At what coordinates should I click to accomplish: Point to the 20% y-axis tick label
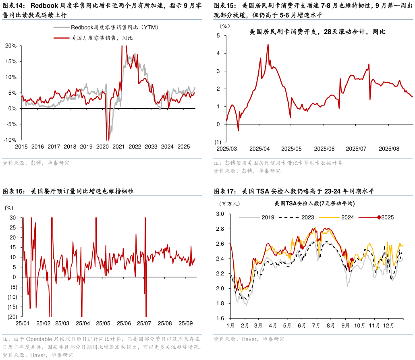click(x=11, y=46)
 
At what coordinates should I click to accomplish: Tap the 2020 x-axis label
click(x=102, y=147)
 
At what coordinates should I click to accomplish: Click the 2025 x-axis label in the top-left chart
click(x=183, y=147)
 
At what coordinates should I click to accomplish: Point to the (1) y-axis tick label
click(x=218, y=142)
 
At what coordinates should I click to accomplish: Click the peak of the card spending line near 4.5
click(x=268, y=44)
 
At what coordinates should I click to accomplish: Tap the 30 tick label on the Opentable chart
click(x=12, y=217)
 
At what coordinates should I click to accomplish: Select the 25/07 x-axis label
click(x=144, y=323)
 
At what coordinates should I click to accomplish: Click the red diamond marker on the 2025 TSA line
click(x=352, y=260)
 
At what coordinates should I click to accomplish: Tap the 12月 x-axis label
click(x=388, y=325)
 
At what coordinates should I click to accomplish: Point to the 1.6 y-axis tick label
click(x=220, y=318)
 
